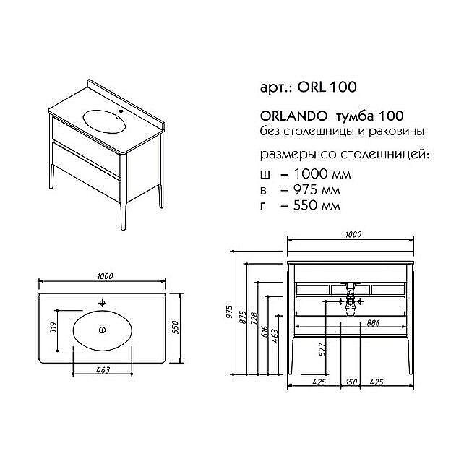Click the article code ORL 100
click(x=330, y=87)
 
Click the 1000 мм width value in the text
click(x=319, y=173)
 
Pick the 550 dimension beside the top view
click(x=174, y=327)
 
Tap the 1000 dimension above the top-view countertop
click(x=105, y=276)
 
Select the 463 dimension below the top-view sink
click(x=102, y=371)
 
